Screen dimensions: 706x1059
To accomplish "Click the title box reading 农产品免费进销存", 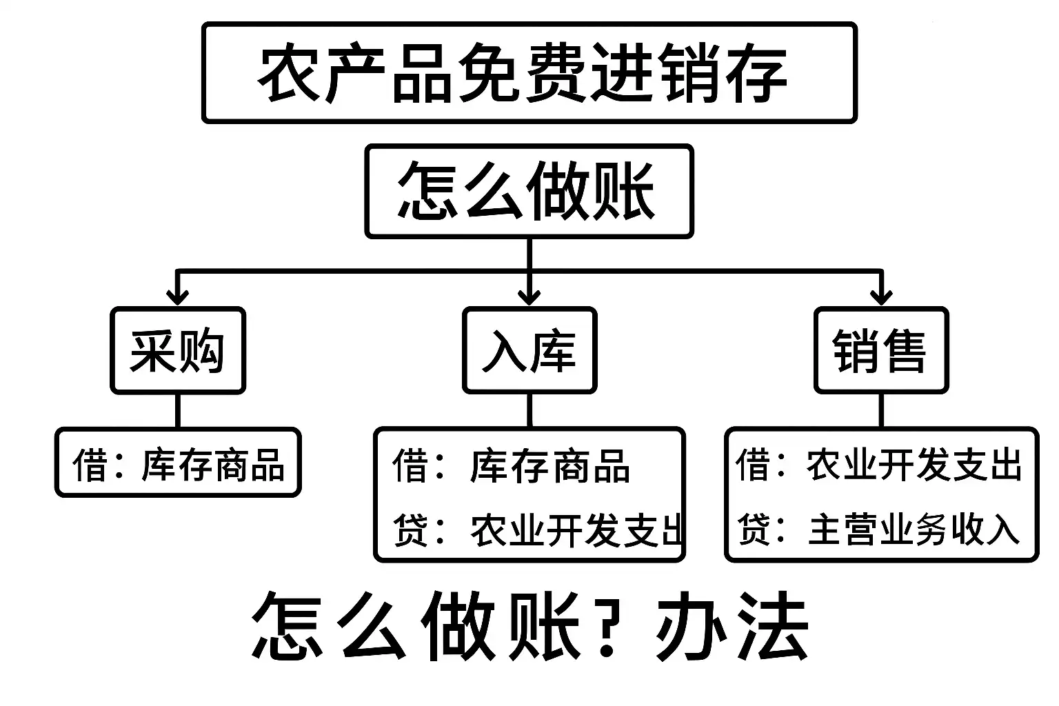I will click(x=529, y=73).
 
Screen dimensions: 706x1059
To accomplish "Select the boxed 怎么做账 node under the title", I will click(x=529, y=191).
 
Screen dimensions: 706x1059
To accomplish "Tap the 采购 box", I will click(x=178, y=351).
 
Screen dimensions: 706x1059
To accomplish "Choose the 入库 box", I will click(x=529, y=351).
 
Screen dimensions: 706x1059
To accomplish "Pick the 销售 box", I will click(x=881, y=351).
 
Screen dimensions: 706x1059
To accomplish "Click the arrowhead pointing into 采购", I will click(x=178, y=296).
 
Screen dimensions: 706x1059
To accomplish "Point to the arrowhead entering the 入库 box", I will click(x=529, y=296).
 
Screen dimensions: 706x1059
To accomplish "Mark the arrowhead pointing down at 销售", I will click(x=881, y=296).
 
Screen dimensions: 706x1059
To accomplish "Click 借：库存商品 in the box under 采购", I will click(x=179, y=464).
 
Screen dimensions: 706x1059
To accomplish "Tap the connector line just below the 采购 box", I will click(x=178, y=411).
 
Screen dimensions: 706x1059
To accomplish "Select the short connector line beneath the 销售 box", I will click(x=881, y=411).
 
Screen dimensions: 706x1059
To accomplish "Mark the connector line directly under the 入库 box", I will click(x=529, y=411).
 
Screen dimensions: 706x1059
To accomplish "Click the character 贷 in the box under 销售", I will click(x=754, y=529).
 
